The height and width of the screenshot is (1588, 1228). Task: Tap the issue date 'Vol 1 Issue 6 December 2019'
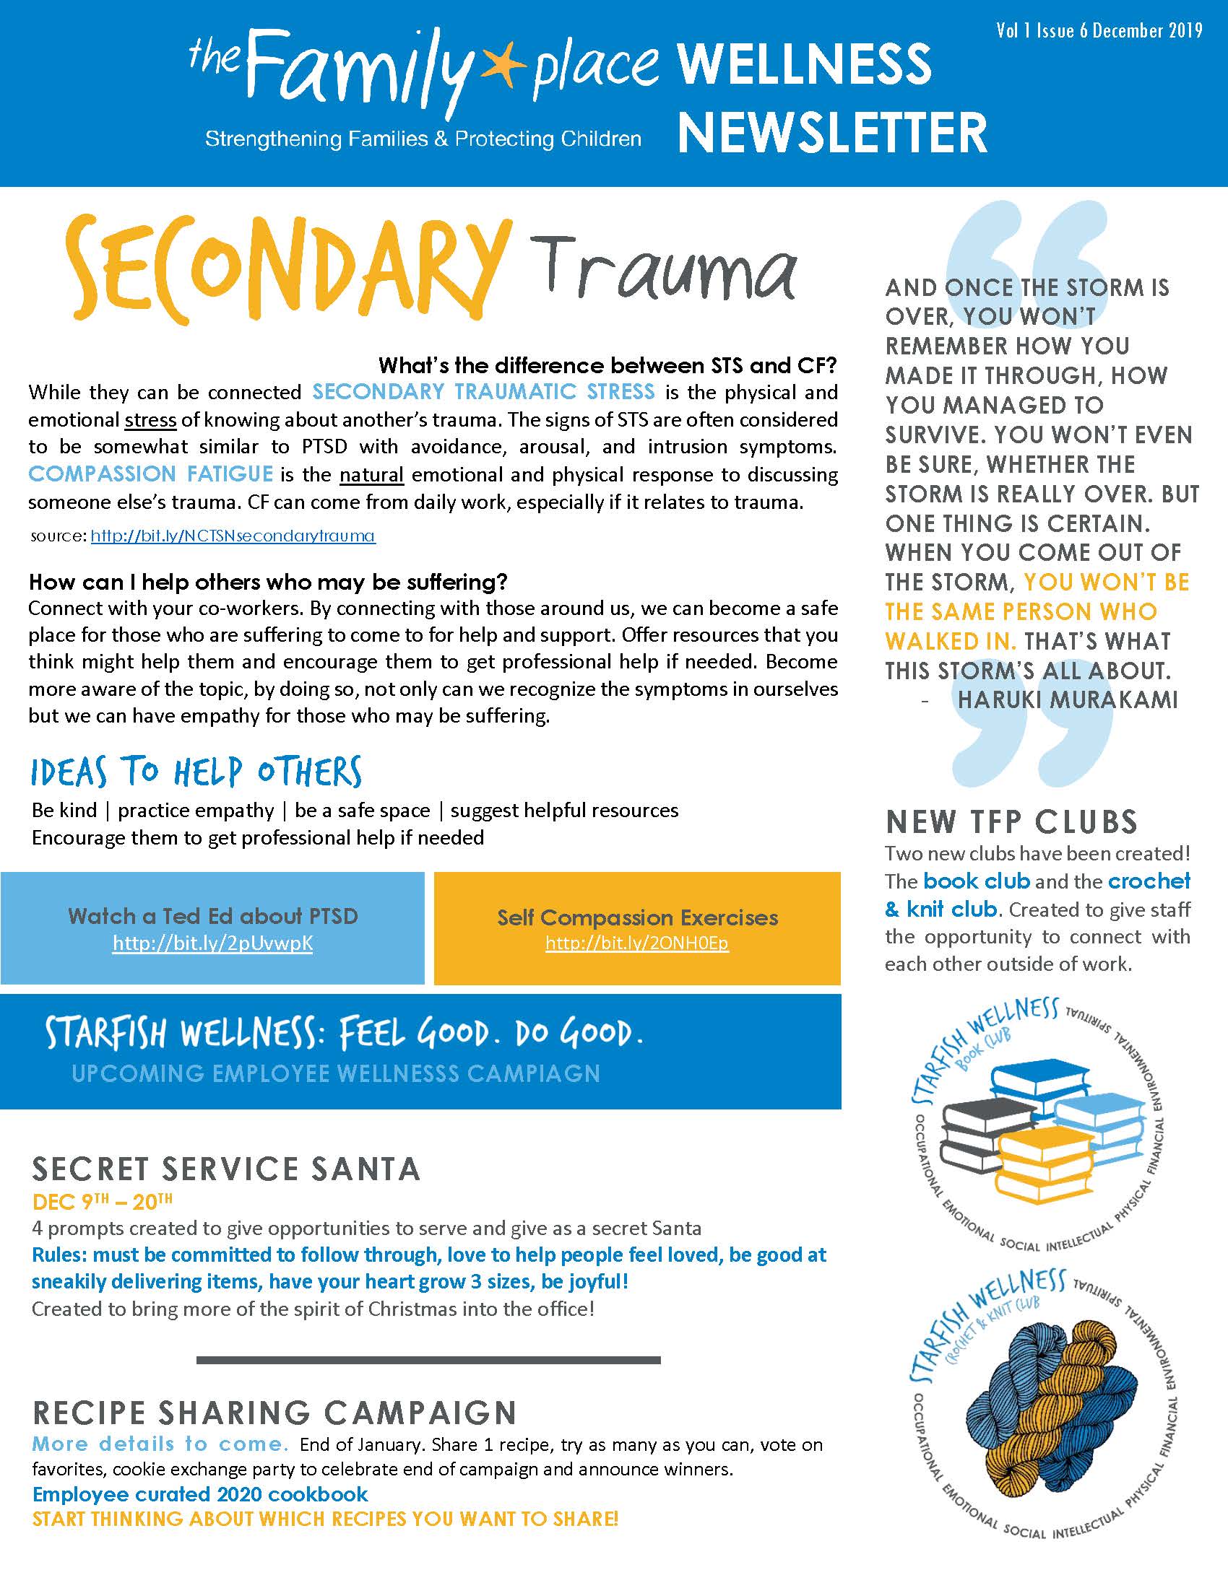[1099, 30]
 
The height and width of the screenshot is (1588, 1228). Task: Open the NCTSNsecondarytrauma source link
[233, 536]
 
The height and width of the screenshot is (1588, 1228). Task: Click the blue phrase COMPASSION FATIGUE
[150, 474]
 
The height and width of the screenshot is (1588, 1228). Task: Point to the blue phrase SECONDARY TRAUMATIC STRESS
[483, 392]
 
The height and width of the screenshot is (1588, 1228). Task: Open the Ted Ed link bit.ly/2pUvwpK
[212, 943]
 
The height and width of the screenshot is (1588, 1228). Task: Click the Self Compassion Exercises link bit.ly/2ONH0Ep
[636, 943]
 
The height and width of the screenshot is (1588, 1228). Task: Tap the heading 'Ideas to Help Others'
[196, 772]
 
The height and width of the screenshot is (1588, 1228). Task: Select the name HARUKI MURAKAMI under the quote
[1067, 699]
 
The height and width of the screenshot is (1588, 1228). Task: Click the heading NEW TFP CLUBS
[1011, 821]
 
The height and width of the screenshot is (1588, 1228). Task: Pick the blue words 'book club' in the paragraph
[977, 881]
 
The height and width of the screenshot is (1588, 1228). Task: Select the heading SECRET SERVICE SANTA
[226, 1169]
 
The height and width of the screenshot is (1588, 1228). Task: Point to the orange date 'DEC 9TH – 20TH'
[103, 1202]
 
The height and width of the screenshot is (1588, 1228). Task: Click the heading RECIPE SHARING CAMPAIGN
[274, 1413]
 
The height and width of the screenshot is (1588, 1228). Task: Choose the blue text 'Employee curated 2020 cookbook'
[200, 1494]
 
